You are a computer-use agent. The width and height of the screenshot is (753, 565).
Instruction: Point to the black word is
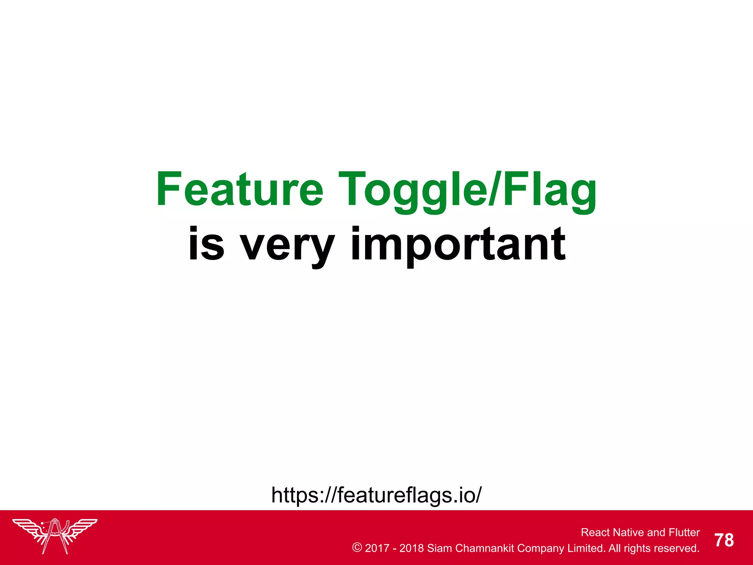pyautogui.click(x=206, y=244)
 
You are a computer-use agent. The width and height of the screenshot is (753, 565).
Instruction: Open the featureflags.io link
pyautogui.click(x=376, y=495)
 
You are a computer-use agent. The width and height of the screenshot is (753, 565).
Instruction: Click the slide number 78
pyautogui.click(x=724, y=540)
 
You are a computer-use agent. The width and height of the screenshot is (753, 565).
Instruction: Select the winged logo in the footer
pyautogui.click(x=55, y=535)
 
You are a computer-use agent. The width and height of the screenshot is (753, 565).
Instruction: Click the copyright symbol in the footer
pyautogui.click(x=357, y=548)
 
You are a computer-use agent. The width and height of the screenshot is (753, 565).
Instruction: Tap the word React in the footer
pyautogui.click(x=596, y=532)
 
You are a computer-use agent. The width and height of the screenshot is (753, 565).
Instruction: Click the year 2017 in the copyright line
pyautogui.click(x=377, y=548)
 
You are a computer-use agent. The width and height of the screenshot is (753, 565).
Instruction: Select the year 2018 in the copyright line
pyautogui.click(x=411, y=548)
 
